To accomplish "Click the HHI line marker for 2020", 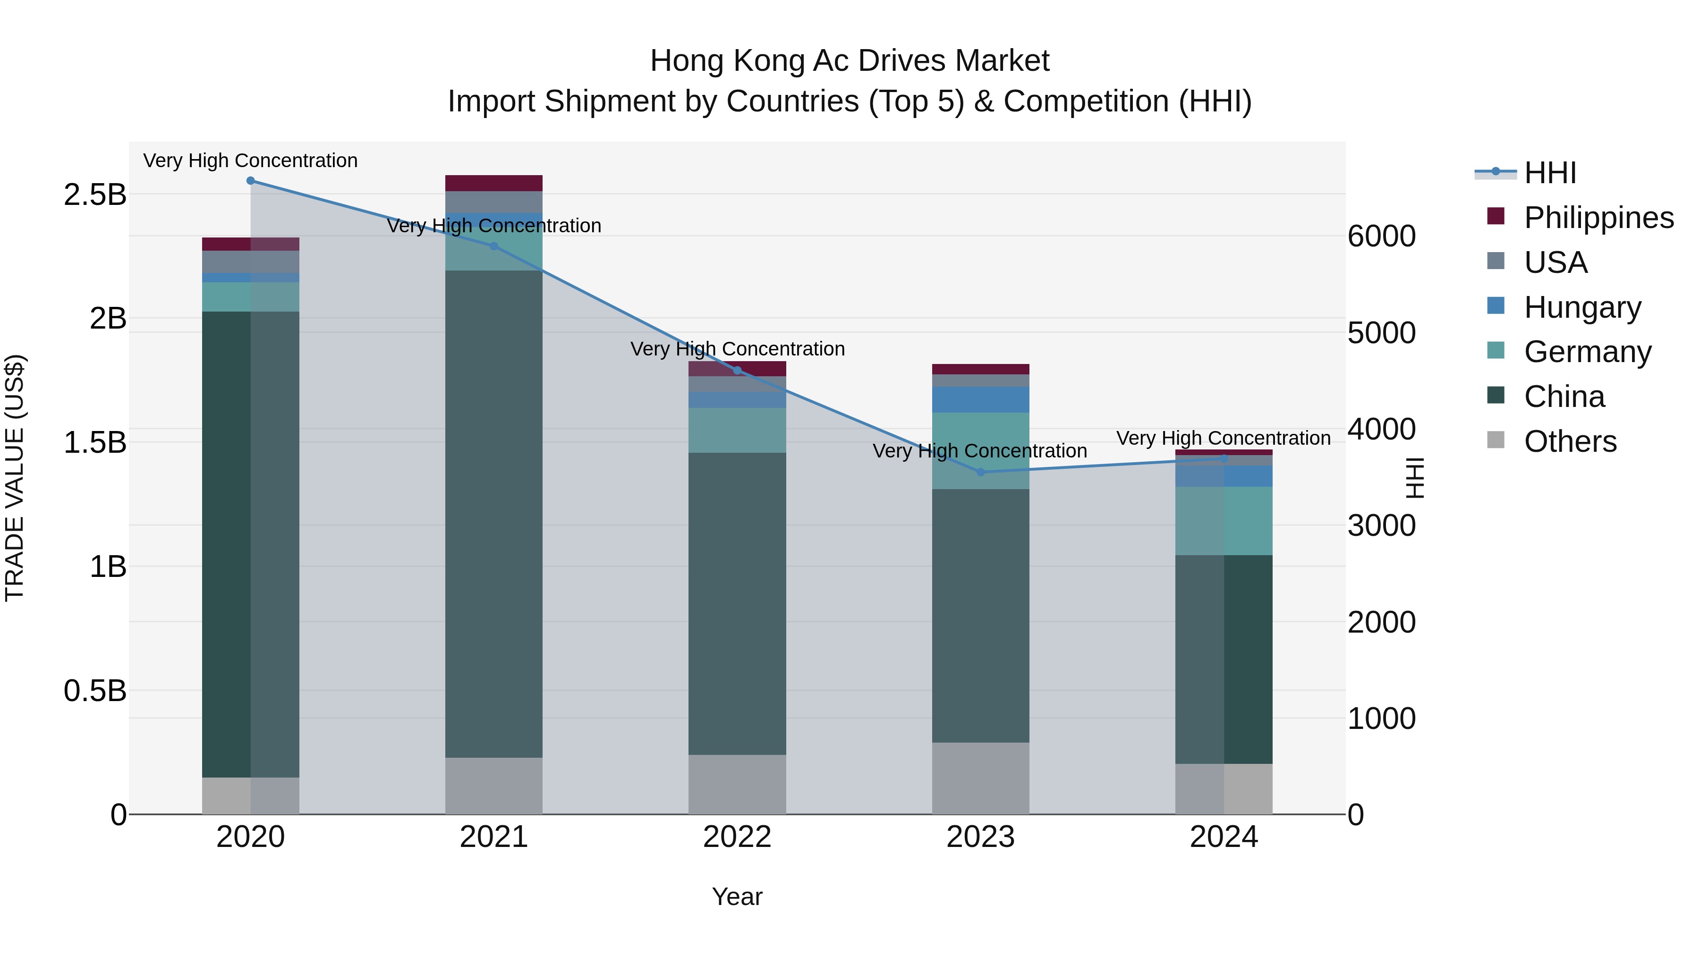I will click(x=250, y=181).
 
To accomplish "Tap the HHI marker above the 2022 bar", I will click(x=737, y=370).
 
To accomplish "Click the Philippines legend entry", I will click(x=1598, y=218).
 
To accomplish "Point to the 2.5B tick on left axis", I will click(x=95, y=195).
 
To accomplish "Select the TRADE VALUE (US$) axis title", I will click(x=15, y=478).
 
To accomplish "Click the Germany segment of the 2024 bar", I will click(x=1224, y=521).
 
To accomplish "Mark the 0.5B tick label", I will click(x=95, y=691).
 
